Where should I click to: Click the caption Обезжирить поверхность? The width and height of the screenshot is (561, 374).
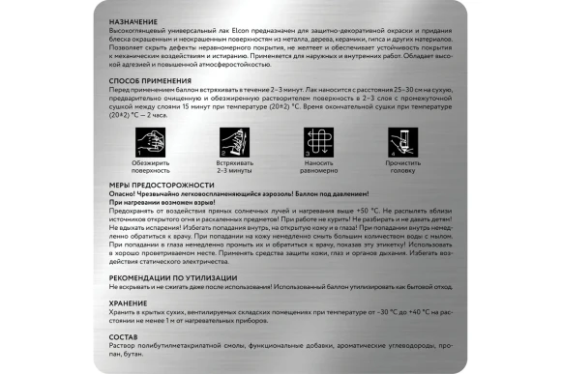143,166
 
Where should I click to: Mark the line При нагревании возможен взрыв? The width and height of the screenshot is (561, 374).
170,201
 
